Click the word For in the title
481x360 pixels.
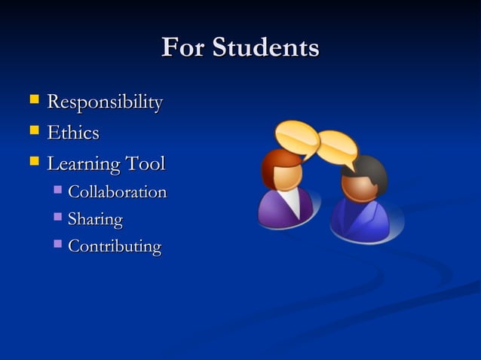[x=183, y=48]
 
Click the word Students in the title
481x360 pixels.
[x=265, y=48]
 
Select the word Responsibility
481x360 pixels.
[x=105, y=102]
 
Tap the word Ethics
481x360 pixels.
[x=73, y=133]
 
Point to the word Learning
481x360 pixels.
[x=84, y=164]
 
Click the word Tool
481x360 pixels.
[x=145, y=163]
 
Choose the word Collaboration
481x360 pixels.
[x=117, y=192]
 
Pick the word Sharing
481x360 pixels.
[x=95, y=220]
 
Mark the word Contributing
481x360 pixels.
[x=115, y=246]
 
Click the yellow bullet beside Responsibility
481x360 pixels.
[x=33, y=100]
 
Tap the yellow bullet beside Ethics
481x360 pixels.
[x=33, y=131]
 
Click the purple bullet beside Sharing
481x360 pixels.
[x=58, y=218]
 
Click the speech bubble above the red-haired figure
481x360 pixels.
[x=297, y=138]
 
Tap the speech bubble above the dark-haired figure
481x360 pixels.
[x=336, y=147]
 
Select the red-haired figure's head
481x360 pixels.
[x=282, y=169]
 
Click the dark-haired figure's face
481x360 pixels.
[x=360, y=187]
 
